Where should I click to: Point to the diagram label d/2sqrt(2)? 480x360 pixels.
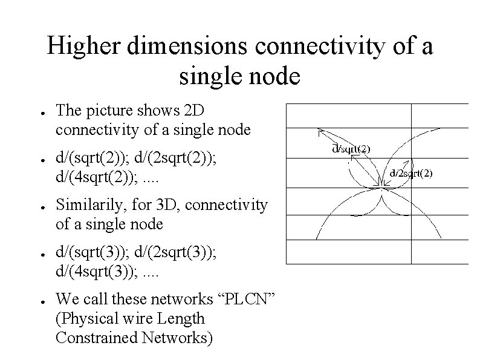click(x=411, y=173)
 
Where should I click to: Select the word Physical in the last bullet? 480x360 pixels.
click(x=85, y=318)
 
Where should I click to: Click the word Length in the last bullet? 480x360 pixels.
click(x=183, y=318)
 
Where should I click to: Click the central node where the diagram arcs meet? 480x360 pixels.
click(x=382, y=190)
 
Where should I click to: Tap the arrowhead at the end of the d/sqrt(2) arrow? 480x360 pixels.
click(x=321, y=131)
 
